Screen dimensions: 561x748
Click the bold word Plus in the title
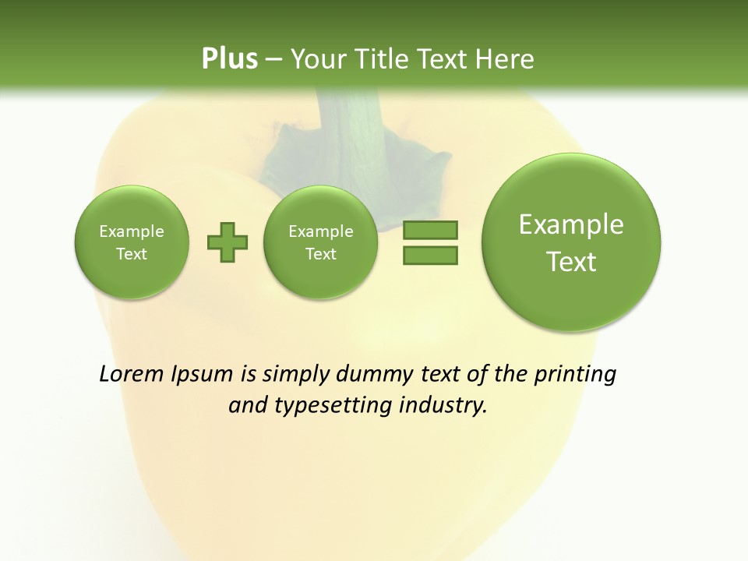[229, 58]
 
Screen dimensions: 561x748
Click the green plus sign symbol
[228, 242]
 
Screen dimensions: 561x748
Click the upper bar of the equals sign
[430, 231]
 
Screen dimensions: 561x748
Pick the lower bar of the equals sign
[430, 255]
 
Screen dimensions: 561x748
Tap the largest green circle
[571, 296]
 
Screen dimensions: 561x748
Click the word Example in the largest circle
[571, 224]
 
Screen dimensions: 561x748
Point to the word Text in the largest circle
[571, 262]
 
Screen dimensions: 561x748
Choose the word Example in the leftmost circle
[132, 231]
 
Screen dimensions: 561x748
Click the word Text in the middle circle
[320, 254]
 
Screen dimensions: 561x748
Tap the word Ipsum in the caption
[202, 374]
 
